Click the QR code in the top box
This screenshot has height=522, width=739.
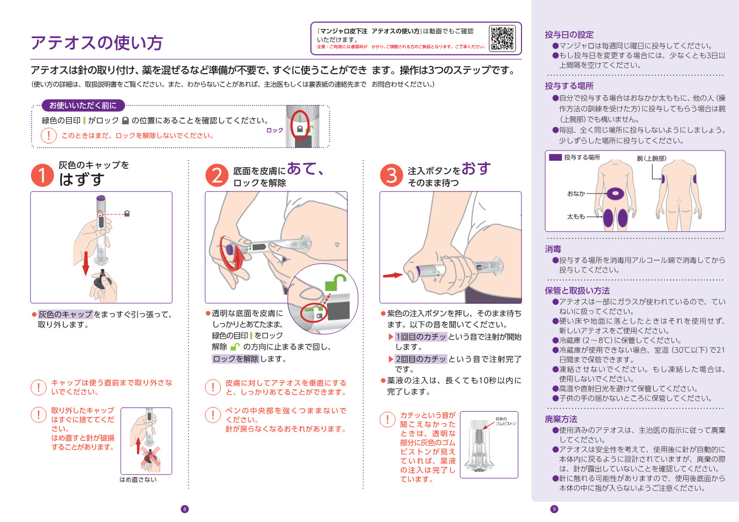coord(502,38)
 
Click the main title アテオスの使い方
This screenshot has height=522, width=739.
coord(97,42)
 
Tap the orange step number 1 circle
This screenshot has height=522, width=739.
coord(42,176)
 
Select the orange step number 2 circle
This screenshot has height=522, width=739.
coord(217,175)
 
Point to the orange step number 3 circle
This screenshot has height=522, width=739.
coord(392,175)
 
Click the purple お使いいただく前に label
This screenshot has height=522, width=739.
coord(83,105)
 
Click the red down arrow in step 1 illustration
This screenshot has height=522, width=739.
coord(85,262)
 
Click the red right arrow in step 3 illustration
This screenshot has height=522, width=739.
coord(393,275)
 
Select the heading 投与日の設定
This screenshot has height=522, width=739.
coord(569,34)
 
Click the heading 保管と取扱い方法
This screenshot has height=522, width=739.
coord(577,290)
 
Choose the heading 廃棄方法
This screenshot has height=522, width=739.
coord(561,419)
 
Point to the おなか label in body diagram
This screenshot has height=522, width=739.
coord(576,194)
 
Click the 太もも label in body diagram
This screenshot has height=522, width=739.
coord(576,217)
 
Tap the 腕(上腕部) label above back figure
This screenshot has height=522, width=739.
coord(651,158)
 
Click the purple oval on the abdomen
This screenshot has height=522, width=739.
coord(614,193)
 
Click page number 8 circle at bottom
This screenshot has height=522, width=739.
coord(185,509)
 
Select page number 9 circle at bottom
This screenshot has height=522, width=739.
coord(554,509)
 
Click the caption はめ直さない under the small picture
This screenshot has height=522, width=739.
coord(138,480)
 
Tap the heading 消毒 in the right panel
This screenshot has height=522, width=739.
coord(553,249)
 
